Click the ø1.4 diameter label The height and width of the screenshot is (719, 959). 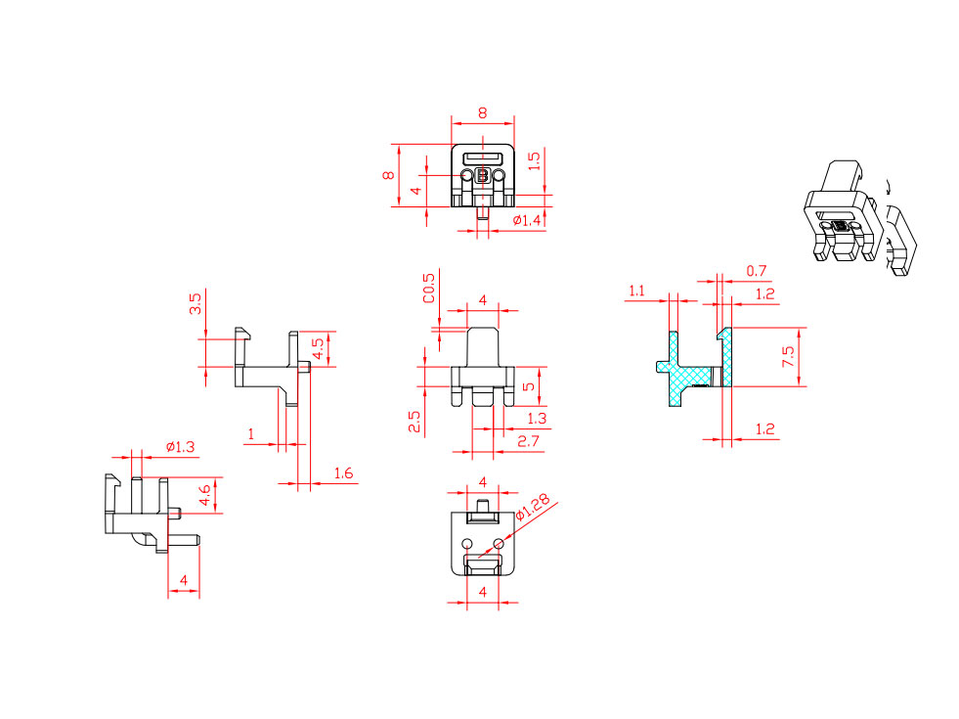click(527, 220)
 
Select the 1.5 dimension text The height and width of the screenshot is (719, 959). click(534, 161)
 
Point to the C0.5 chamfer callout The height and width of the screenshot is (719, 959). click(429, 288)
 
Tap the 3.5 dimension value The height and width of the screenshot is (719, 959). click(196, 303)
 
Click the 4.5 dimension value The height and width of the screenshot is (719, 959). click(318, 349)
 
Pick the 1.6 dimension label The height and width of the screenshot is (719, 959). click(343, 473)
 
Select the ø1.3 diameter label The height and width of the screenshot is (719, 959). click(181, 447)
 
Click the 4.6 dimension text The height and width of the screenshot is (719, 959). click(205, 495)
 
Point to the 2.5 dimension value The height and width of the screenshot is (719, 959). click(414, 421)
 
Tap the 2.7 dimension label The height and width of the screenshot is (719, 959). click(529, 441)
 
